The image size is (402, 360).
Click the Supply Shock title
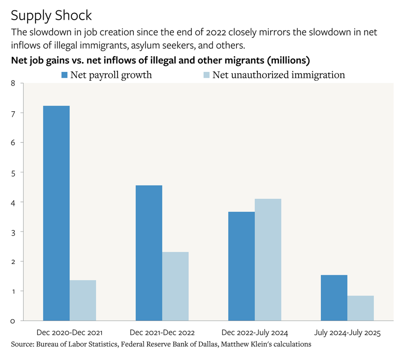[51, 15]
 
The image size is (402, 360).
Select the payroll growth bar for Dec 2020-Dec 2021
[56, 213]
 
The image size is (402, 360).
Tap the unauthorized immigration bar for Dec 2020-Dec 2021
[83, 300]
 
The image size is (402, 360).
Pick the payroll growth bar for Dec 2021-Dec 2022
[149, 253]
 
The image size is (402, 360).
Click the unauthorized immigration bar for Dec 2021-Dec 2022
[175, 286]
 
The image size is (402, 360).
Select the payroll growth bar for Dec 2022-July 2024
[241, 266]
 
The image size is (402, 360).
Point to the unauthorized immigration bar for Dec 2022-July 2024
[268, 260]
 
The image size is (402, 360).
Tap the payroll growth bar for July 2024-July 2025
[334, 297]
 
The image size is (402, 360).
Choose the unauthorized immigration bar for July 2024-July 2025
[360, 308]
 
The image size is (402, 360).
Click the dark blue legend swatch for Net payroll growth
[64, 75]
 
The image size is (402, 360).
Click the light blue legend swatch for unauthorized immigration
[206, 75]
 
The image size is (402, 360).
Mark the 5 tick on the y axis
[13, 172]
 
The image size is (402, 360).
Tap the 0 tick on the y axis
[13, 321]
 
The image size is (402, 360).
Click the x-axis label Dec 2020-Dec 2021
[69, 333]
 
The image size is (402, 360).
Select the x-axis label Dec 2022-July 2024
[254, 333]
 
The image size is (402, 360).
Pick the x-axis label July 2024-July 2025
[347, 333]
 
